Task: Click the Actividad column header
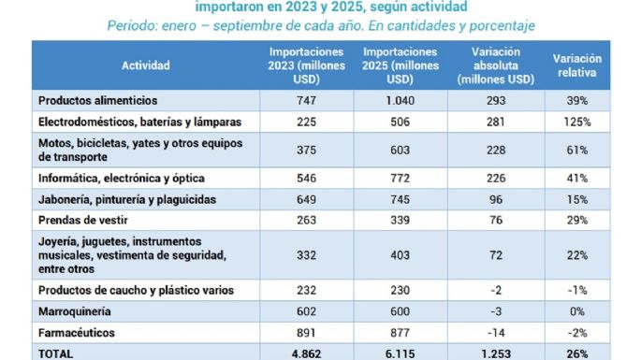146,66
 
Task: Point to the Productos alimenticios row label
97,100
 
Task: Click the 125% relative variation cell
577,122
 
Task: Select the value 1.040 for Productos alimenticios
401,100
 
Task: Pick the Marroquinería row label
72,310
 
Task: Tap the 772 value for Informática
401,178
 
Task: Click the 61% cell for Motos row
577,150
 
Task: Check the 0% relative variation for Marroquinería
577,310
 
